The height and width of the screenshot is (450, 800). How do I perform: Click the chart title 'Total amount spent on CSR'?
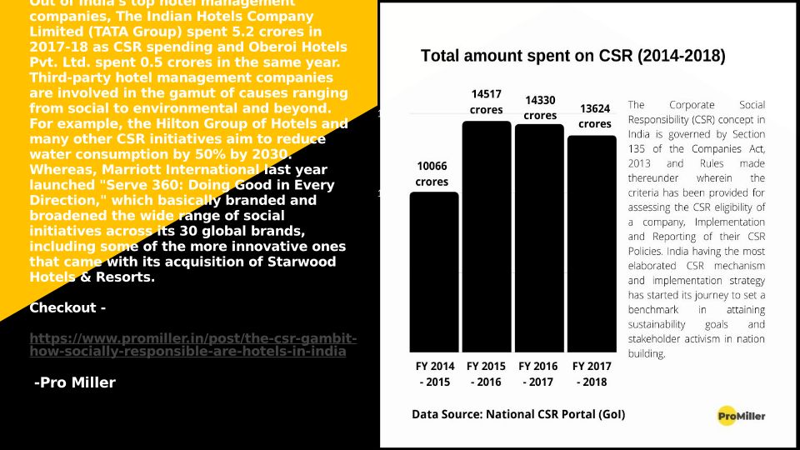pos(572,57)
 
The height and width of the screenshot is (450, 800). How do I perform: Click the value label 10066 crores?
pos(432,173)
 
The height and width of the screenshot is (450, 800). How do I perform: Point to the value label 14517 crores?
pos(486,102)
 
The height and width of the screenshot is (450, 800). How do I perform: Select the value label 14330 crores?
pos(540,107)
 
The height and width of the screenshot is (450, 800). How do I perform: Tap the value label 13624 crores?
pos(595,116)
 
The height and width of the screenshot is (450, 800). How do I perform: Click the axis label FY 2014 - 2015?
pos(435,374)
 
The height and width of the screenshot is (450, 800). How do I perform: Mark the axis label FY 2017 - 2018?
pos(592,374)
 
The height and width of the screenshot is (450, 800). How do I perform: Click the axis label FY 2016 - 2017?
pos(538,374)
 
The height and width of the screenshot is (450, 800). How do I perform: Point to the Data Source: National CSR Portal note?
pos(518,414)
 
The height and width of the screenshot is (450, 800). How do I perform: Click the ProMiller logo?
pos(741,415)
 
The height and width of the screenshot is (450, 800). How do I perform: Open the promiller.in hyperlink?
pos(192,345)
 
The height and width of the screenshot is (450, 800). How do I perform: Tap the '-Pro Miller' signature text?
pos(74,382)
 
